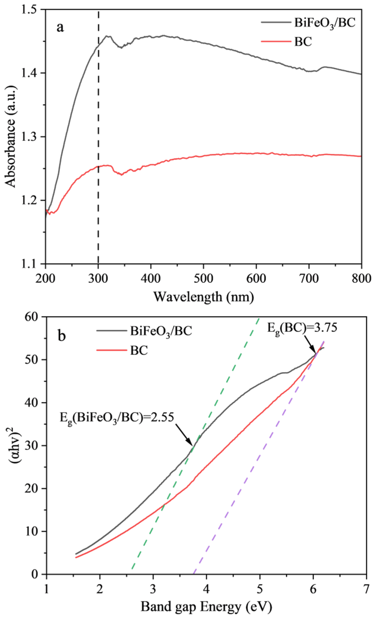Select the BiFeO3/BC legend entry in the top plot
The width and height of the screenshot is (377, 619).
324,23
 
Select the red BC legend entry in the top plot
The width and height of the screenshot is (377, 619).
303,41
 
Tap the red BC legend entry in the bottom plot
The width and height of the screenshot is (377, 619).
139,350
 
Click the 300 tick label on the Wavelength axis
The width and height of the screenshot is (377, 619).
98,279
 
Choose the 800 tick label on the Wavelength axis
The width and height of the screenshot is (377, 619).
361,279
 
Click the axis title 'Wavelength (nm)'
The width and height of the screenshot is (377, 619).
204,297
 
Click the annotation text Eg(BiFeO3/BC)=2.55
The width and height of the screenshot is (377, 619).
117,418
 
